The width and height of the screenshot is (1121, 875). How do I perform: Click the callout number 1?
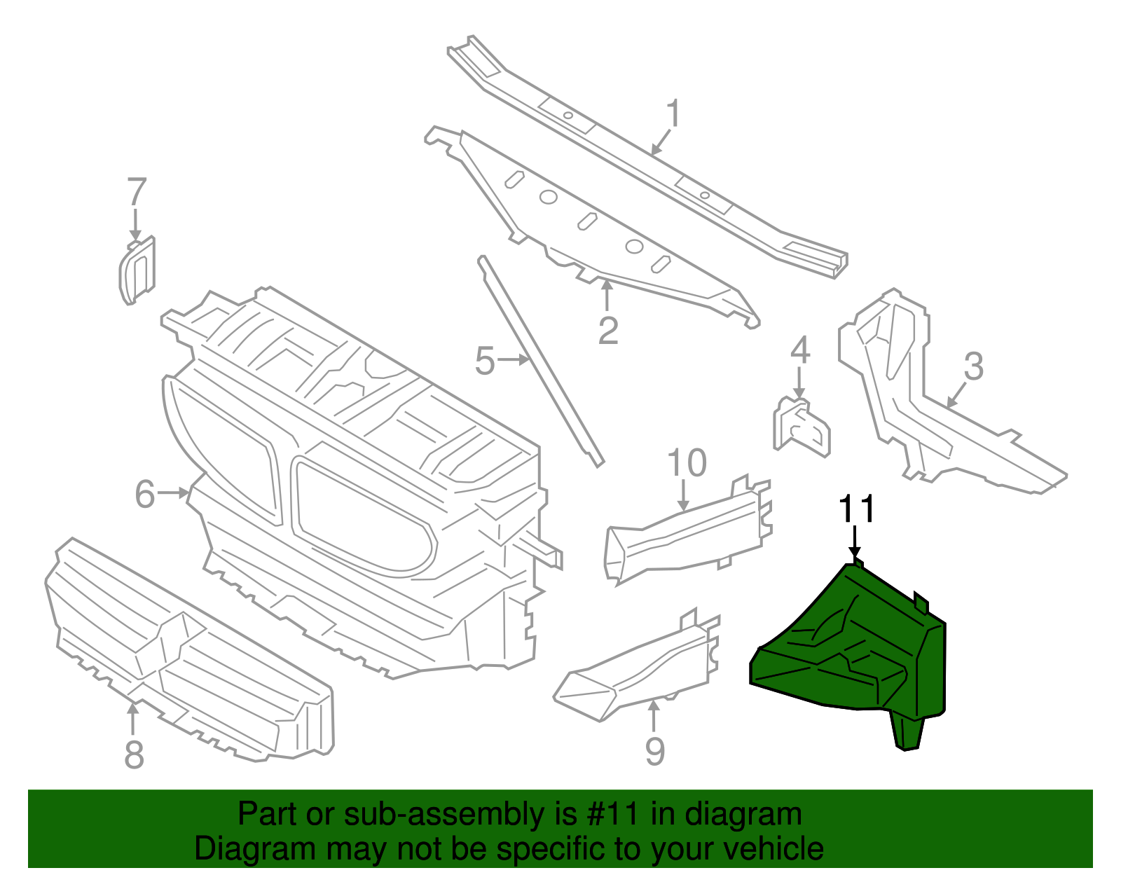673,113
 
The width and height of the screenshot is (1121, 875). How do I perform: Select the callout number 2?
608,330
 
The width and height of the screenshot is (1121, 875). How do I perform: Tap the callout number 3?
973,366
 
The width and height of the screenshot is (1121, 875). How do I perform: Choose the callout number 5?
485,361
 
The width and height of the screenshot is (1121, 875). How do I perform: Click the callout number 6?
144,494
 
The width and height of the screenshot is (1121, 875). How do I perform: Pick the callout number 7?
137,192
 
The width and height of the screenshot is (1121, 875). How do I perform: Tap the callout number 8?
134,755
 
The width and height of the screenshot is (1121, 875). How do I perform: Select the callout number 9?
654,751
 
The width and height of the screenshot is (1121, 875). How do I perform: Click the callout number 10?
687,463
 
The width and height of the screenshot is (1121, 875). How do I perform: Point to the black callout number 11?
857,509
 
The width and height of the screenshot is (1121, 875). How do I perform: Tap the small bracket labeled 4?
802,426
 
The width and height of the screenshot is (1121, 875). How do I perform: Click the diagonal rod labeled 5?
540,361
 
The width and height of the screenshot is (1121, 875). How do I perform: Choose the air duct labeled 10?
688,530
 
